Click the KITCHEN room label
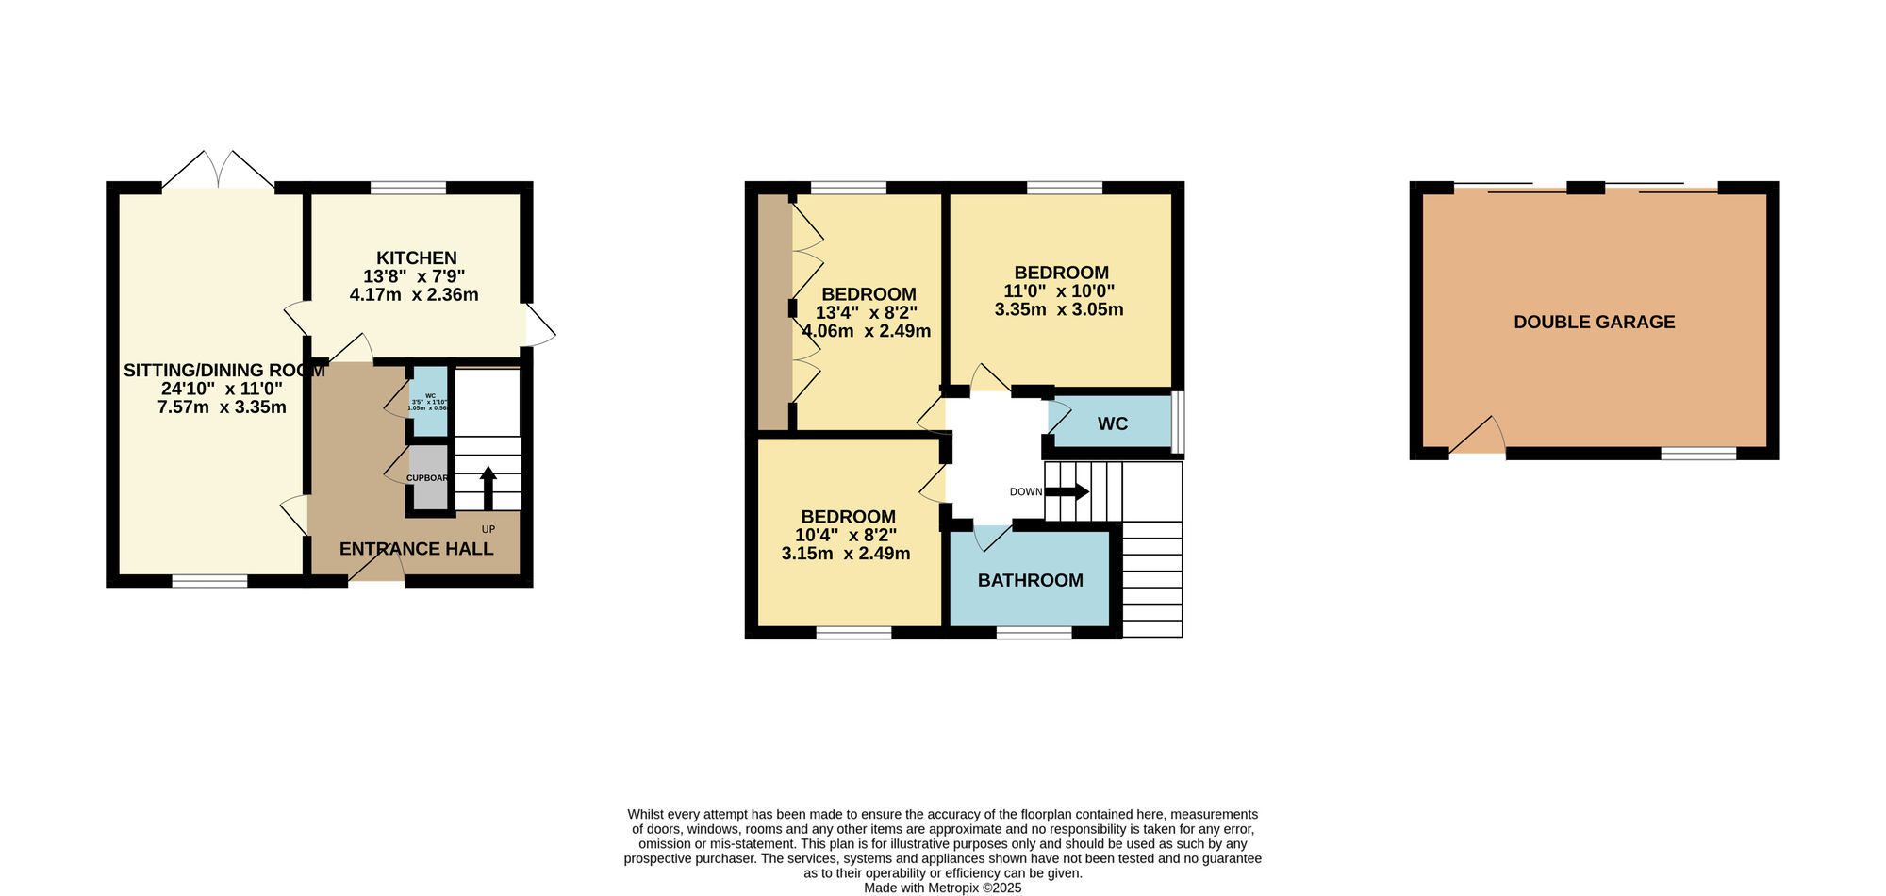pos(416,258)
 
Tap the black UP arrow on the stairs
pos(488,487)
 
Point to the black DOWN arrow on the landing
pos(1067,491)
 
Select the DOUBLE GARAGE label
pos(1594,323)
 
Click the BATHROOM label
pos(1030,581)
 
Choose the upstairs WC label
pos(1112,424)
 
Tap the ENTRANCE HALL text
pos(416,549)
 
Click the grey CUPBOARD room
pos(429,477)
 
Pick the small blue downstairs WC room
pos(429,402)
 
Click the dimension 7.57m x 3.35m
pos(222,407)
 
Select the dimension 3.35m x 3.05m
pos(1058,309)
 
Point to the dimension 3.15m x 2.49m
pos(846,554)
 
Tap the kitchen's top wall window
pos(407,188)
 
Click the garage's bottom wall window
pos(1697,454)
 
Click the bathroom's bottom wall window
pos(1034,632)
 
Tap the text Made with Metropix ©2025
pos(942,888)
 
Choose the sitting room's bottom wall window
pos(209,581)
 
